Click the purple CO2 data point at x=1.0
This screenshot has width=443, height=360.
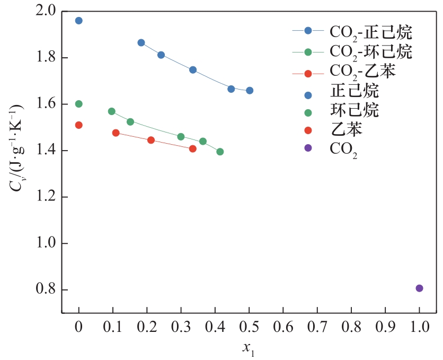click(419, 288)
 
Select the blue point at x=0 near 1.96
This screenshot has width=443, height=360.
click(79, 21)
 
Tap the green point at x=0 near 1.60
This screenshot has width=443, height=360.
click(79, 104)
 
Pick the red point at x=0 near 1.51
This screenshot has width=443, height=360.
click(79, 125)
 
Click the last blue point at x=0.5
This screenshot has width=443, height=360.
click(250, 90)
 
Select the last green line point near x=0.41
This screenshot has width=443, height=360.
click(220, 152)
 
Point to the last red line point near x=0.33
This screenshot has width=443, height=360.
click(193, 149)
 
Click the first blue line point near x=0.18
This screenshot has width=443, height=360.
click(141, 42)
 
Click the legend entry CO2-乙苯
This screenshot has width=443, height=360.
click(362, 71)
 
